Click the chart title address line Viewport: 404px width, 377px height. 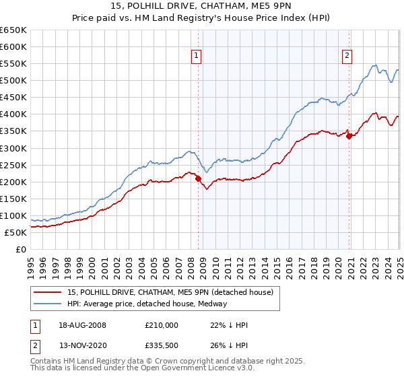pos(201,6)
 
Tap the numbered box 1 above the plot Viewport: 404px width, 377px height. pos(196,56)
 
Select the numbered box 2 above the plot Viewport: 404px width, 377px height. pos(347,56)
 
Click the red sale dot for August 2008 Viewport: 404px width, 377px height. pos(198,178)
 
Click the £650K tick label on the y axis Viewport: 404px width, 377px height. pos(13,30)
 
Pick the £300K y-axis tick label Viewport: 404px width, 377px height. pos(13,148)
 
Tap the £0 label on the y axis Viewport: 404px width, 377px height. pos(21,249)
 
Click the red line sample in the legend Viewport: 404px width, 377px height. pos(47,292)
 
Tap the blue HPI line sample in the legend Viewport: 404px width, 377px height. pos(47,304)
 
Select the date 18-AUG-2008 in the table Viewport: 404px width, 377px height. pos(82,325)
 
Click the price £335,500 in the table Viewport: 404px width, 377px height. pos(161,347)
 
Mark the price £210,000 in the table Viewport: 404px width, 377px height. pos(161,325)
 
